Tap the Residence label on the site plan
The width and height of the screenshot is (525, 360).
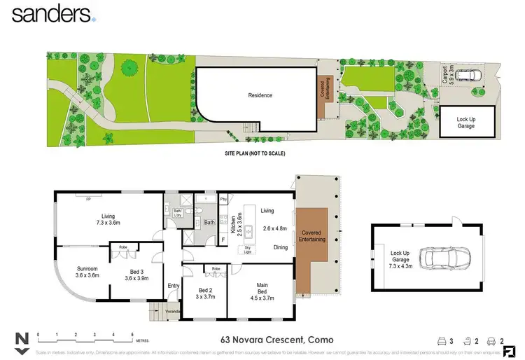coord(260,95)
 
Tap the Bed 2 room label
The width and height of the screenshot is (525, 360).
coord(205,293)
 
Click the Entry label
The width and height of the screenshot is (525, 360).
coord(173,285)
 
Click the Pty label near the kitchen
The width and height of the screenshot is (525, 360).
coord(223,200)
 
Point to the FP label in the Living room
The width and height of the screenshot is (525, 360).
coord(88,200)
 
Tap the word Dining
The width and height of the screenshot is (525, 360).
coord(281,247)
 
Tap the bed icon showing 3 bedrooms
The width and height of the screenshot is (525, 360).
coord(442,340)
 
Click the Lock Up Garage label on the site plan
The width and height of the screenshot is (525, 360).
coord(465,123)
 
